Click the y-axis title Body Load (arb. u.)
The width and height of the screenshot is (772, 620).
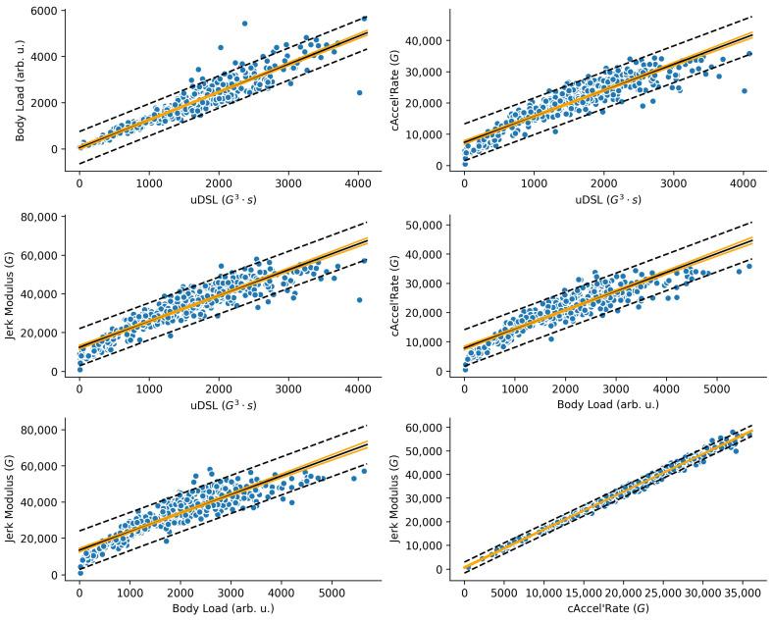pos(21,85)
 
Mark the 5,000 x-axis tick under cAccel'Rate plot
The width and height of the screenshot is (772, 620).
pos(503,594)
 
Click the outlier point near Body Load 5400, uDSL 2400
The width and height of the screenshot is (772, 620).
pos(244,24)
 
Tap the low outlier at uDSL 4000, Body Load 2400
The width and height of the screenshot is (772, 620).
pos(359,92)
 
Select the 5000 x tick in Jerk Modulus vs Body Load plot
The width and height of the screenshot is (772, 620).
pos(331,594)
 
